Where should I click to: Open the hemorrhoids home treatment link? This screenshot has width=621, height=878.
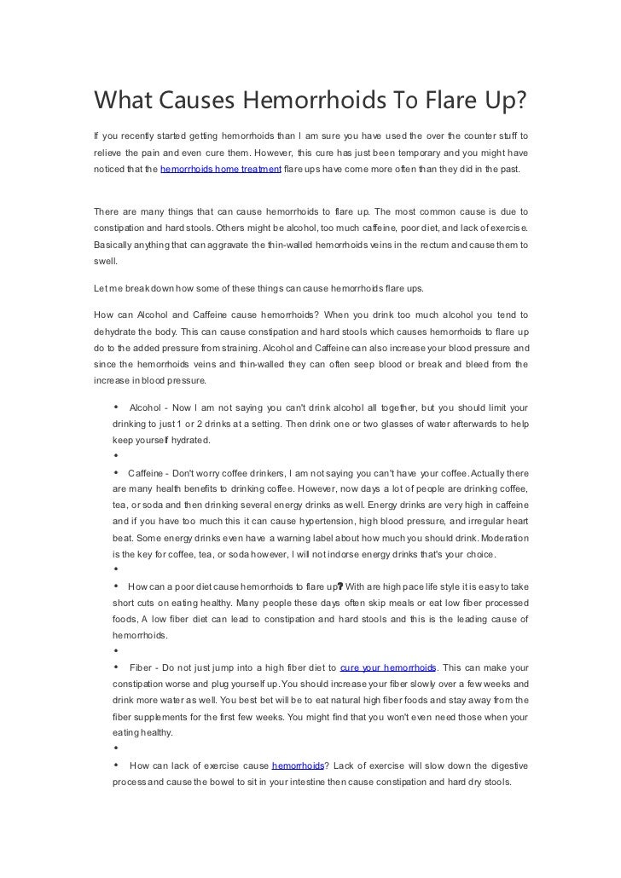221,170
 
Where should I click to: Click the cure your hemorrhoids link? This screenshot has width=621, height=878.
388,667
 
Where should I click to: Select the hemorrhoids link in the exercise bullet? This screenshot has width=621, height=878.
298,766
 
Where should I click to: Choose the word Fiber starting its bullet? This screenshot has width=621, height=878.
142,667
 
